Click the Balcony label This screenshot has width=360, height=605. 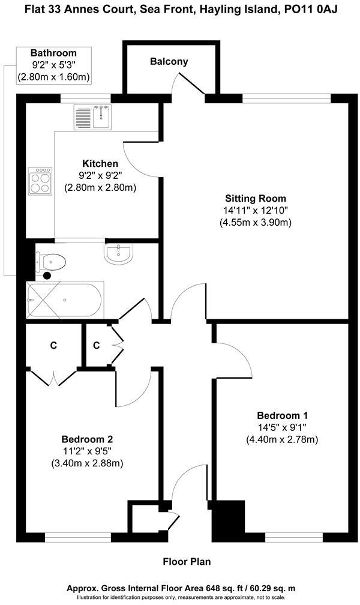pos(169,61)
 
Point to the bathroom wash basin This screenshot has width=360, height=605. pos(118,254)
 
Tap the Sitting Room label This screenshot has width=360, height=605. pos(256,198)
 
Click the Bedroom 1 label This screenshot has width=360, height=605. pos(282,415)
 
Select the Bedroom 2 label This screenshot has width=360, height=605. pos(88,439)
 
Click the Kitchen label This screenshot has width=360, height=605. pos(100,163)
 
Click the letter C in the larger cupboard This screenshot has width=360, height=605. pos(53,345)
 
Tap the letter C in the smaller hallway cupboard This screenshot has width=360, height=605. pos(97,345)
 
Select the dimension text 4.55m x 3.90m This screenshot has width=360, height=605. pos(256,223)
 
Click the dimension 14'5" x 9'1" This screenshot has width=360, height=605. pos(282,427)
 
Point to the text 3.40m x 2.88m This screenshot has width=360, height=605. pos(88,463)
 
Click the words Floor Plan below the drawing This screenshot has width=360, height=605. pos(187,562)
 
